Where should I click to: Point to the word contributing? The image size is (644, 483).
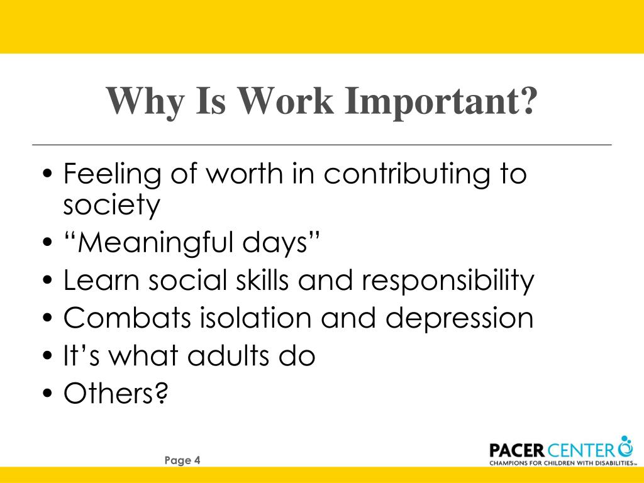point(402,174)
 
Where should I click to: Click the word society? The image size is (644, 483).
point(112,206)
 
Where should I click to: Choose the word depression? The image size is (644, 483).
point(459,318)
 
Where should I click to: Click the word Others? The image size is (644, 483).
point(116,394)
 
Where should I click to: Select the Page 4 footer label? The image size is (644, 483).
point(182,460)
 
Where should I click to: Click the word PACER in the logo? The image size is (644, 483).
point(516,450)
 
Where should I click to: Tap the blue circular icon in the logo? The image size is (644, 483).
point(625,447)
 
